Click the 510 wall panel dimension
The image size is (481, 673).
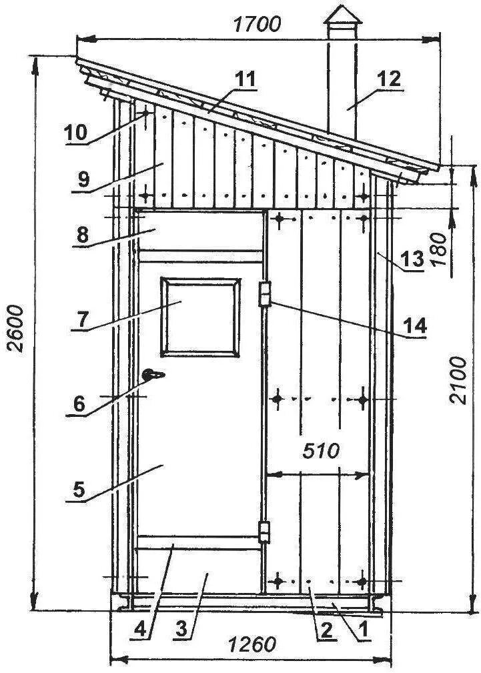[x=320, y=450]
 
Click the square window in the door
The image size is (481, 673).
[x=199, y=315]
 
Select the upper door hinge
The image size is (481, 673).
[x=265, y=293]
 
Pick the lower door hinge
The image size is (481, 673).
[x=265, y=532]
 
